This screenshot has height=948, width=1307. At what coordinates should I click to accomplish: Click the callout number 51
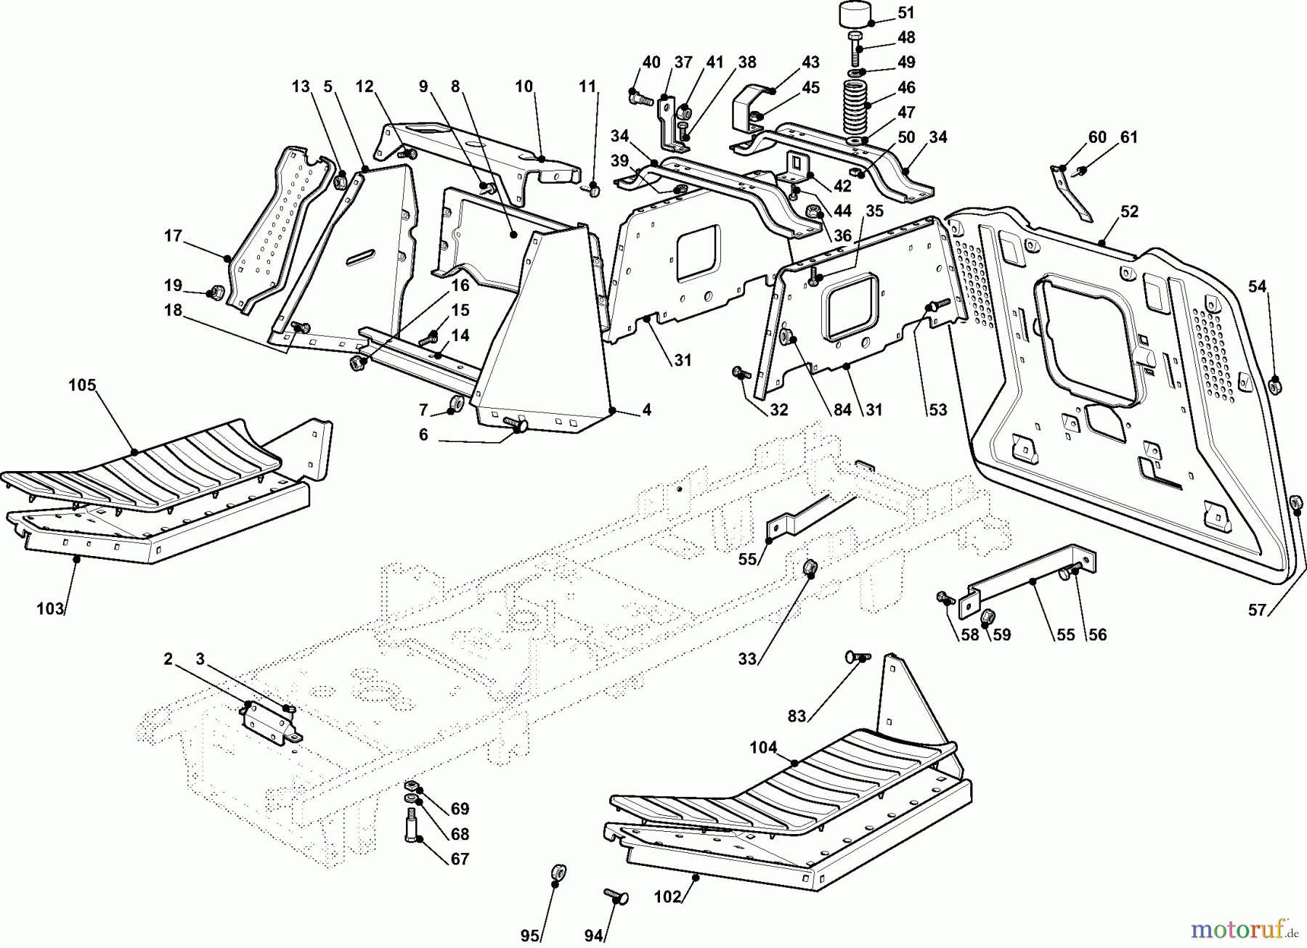pos(906,13)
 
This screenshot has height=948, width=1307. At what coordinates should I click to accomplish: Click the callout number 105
pos(82,385)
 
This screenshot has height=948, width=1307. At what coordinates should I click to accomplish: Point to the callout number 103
pos(50,609)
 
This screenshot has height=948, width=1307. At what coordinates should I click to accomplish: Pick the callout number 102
pos(668,896)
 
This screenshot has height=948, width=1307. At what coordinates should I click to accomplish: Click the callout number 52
pos(1129,212)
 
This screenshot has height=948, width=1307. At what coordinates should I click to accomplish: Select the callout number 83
pos(797,716)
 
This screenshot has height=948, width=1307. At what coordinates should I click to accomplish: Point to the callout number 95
pos(530,936)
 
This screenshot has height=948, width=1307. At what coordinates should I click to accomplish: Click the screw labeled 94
pos(616,897)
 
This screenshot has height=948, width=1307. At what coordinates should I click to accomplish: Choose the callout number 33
pos(748,659)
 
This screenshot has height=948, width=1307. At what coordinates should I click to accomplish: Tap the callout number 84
pos(842,410)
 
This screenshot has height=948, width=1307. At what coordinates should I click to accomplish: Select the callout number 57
pos(1258,610)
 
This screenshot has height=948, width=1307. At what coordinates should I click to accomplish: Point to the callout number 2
pos(168,659)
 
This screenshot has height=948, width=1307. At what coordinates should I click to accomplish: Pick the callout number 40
pos(651,62)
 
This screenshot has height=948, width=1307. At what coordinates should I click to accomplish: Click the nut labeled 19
pos(215,293)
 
